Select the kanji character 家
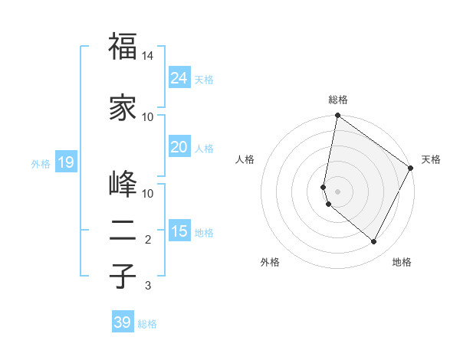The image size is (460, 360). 123,108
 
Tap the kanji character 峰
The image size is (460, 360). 123,185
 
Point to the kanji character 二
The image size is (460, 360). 123,230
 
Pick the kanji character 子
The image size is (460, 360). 123,276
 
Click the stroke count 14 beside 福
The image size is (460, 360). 148,57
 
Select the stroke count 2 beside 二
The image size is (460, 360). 148,240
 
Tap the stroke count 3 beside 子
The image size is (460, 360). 148,286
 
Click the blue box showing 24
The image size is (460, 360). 179,78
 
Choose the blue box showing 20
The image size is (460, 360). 179,147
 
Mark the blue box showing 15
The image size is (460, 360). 179,231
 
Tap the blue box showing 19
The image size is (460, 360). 65,162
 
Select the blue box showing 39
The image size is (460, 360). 123,322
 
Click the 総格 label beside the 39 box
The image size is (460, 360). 147,324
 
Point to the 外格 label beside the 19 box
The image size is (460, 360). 41,163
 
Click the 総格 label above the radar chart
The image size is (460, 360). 338,100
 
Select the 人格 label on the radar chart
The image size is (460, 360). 245,159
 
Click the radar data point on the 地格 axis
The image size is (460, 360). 374,242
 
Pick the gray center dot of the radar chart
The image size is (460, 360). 338,191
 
